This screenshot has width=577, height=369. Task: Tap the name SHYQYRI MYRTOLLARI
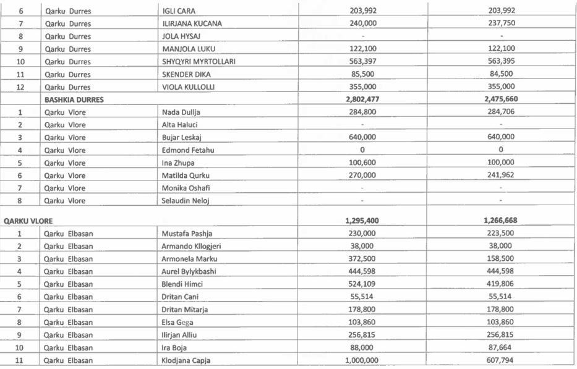[x=199, y=61]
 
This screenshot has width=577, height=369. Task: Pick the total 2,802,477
[x=362, y=100]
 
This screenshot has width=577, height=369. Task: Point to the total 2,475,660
[x=501, y=100]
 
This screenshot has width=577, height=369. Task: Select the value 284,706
[x=501, y=112]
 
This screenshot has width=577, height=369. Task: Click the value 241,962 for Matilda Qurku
[x=501, y=176]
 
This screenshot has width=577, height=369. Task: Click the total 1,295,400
[x=362, y=220]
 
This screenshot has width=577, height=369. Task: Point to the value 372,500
[x=362, y=258]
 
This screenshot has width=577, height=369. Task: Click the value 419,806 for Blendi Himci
[x=501, y=284]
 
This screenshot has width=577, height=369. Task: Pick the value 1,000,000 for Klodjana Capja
[x=362, y=360]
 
